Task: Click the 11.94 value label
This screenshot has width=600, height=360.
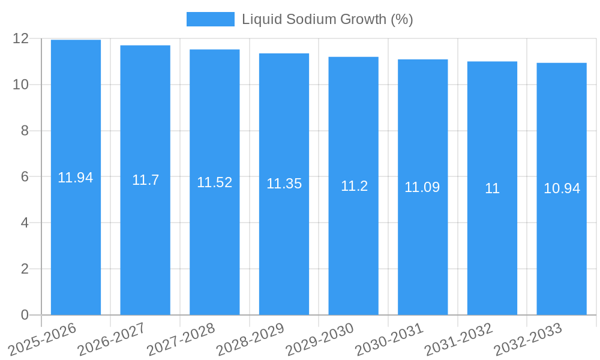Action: tap(76, 178)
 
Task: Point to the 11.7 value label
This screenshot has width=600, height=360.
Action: tap(145, 180)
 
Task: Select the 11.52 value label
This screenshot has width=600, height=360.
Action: tap(215, 182)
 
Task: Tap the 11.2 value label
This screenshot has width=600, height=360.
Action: tap(354, 186)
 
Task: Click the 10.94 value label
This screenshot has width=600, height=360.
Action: tap(562, 188)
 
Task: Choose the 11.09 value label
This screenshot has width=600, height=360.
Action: tap(422, 187)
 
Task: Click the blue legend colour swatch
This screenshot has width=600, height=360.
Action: tap(210, 19)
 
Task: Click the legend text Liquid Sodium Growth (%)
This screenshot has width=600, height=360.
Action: tap(328, 19)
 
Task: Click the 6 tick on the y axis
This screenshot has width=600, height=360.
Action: tap(25, 177)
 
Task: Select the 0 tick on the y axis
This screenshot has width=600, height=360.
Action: tap(25, 315)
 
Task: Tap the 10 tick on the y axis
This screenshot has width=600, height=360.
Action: tap(21, 85)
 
